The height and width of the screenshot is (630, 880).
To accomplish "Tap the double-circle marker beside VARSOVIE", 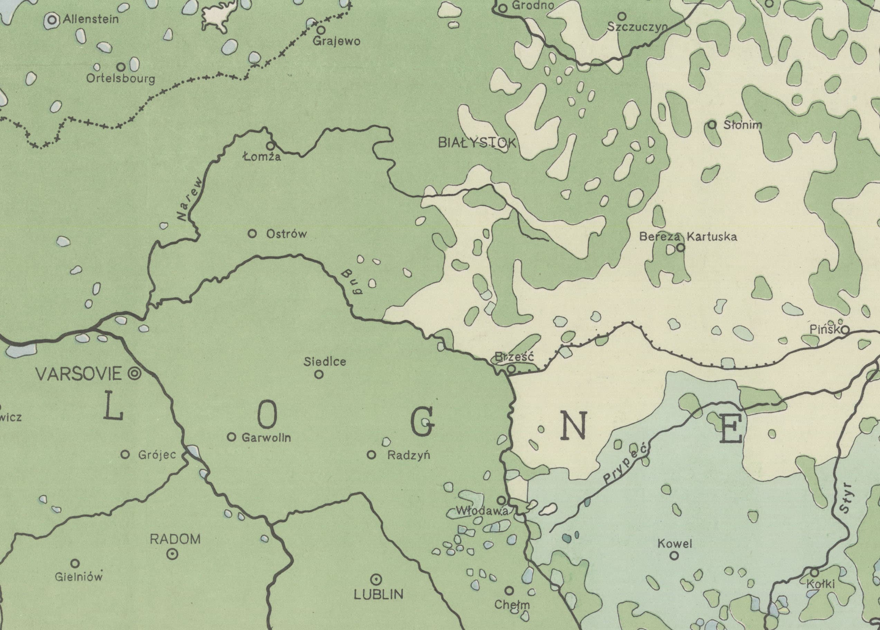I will pyautogui.click(x=135, y=374).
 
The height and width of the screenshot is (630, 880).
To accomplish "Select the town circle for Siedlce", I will pyautogui.click(x=318, y=374).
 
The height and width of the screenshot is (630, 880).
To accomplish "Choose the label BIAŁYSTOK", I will pyautogui.click(x=477, y=143).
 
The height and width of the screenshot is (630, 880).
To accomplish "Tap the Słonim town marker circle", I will pyautogui.click(x=712, y=124).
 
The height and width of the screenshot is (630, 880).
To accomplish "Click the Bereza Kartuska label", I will pyautogui.click(x=688, y=237).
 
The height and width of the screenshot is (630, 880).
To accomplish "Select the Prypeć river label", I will pyautogui.click(x=626, y=465).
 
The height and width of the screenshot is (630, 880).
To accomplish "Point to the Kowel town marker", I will pyautogui.click(x=675, y=555).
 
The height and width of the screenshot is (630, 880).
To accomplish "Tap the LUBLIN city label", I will pyautogui.click(x=378, y=594).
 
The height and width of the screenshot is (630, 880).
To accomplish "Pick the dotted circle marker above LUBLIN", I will pyautogui.click(x=376, y=580).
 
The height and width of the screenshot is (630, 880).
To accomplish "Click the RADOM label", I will pyautogui.click(x=175, y=539).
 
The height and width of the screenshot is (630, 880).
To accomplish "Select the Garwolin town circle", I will pyautogui.click(x=231, y=437).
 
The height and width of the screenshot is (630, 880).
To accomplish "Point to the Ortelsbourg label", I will pyautogui.click(x=121, y=78).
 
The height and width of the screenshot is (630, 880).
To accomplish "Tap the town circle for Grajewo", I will pyautogui.click(x=321, y=30).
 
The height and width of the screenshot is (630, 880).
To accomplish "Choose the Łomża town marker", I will pyautogui.click(x=270, y=146).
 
